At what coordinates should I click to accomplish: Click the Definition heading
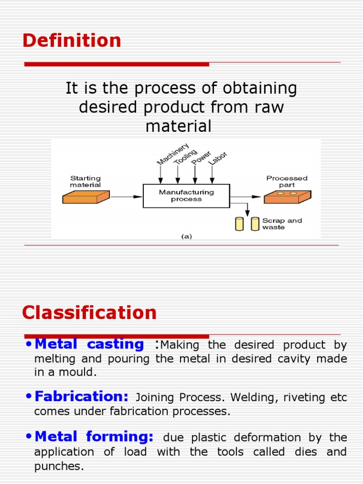pyautogui.click(x=72, y=41)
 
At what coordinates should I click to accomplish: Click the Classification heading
pyautogui.click(x=89, y=313)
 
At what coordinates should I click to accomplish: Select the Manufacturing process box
pyautogui.click(x=186, y=196)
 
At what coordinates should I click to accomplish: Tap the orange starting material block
pyautogui.click(x=86, y=197)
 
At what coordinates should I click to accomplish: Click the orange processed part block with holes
pyautogui.click(x=287, y=196)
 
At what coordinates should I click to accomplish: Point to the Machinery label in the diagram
pyautogui.click(x=173, y=154)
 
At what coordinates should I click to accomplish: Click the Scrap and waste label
pyautogui.click(x=282, y=224)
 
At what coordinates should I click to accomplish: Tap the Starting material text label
pyautogui.click(x=86, y=181)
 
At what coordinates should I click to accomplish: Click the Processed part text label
pyautogui.click(x=287, y=181)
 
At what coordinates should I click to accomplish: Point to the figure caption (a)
pyautogui.click(x=187, y=237)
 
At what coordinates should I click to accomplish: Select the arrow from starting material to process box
pyautogui.click(x=126, y=197)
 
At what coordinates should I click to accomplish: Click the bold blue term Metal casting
pyautogui.click(x=89, y=345)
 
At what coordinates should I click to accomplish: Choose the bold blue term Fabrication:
pyautogui.click(x=81, y=397)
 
